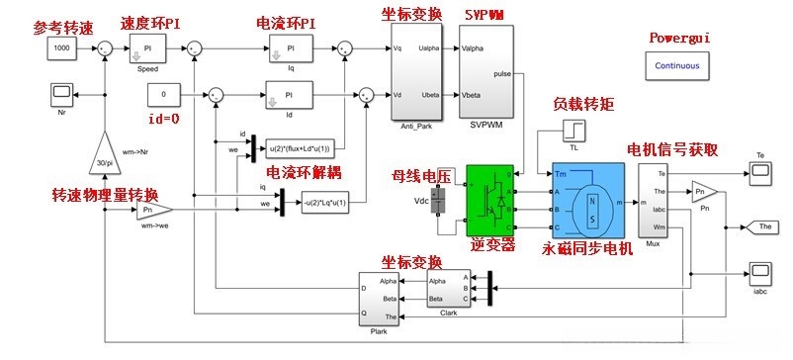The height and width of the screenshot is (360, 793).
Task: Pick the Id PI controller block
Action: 291,94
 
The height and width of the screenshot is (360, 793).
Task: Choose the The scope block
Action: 762,225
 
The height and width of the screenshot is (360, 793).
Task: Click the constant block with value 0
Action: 163,94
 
